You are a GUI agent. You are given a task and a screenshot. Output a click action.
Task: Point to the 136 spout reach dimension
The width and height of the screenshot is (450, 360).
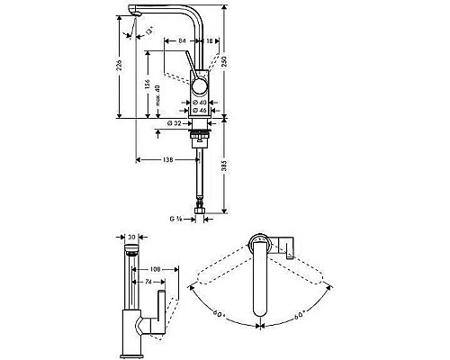[166, 160]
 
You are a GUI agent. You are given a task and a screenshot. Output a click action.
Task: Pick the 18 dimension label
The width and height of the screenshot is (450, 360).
[209, 40]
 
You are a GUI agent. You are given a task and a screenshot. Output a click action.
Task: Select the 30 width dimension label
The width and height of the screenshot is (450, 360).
[131, 238]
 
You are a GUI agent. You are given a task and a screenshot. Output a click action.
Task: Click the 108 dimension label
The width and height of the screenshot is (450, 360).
[155, 268]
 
